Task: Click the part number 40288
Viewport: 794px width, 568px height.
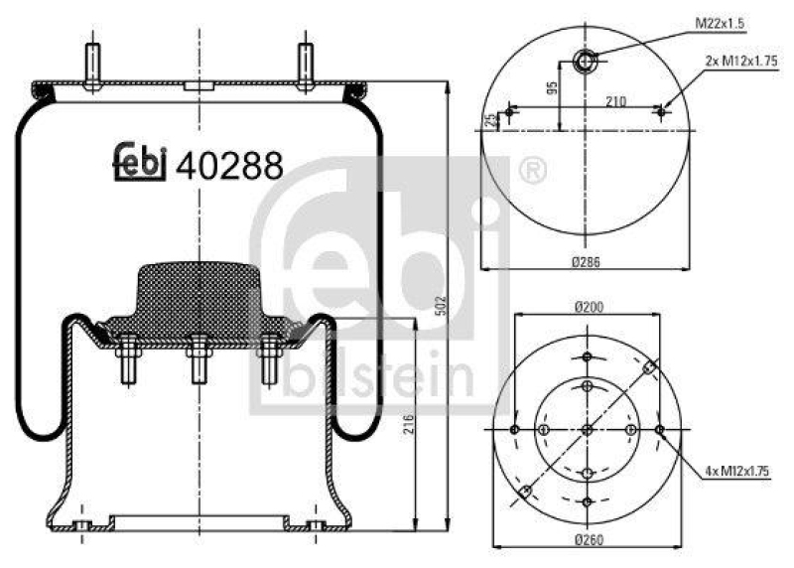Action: [x=229, y=165]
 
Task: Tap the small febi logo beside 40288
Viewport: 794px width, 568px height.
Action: [x=138, y=163]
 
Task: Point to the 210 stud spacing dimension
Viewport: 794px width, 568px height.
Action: [x=614, y=99]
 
